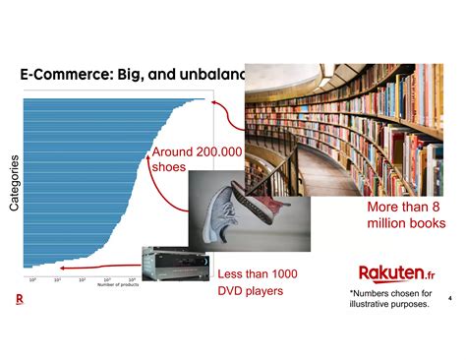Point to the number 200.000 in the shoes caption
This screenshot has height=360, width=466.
coord(219,152)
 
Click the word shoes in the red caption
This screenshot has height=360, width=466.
coord(168,167)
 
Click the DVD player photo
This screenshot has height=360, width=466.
coord(175,263)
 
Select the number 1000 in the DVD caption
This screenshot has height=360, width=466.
coord(278,273)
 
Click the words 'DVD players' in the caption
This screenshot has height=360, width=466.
coord(250,291)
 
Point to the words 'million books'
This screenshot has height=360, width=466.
coord(406,224)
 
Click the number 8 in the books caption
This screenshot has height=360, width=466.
coord(434,208)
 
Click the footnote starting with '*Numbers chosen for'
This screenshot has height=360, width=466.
coord(390,298)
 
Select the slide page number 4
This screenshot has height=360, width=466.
coord(449,297)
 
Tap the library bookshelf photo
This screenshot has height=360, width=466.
coord(354,128)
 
